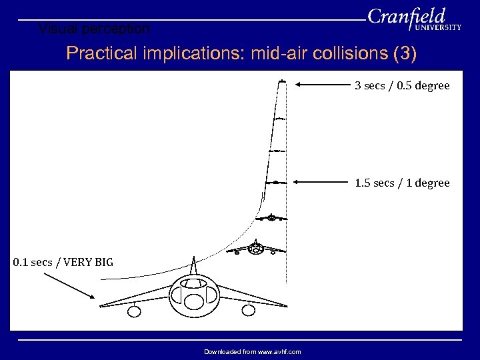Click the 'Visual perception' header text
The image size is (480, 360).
pyautogui.click(x=94, y=29)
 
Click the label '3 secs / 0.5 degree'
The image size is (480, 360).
pyautogui.click(x=402, y=85)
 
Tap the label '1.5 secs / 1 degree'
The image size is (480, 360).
pyautogui.click(x=402, y=183)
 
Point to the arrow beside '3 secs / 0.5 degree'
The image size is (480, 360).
pyautogui.click(x=327, y=85)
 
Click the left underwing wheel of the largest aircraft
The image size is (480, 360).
pyautogui.click(x=135, y=310)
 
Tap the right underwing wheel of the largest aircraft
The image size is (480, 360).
pyautogui.click(x=249, y=309)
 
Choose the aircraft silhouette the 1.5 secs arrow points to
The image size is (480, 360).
pyautogui.click(x=275, y=181)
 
